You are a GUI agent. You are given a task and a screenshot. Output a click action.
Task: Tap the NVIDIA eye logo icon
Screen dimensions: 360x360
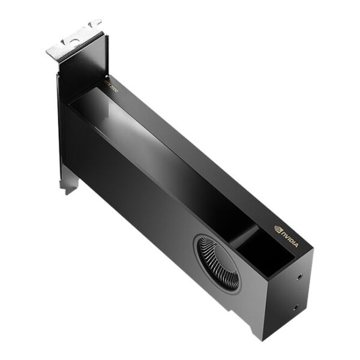(x=278, y=229)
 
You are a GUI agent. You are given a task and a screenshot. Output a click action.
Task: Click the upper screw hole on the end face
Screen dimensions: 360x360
(x=299, y=278)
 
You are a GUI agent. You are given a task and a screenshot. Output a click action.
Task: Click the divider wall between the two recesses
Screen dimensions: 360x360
(x=244, y=235)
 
